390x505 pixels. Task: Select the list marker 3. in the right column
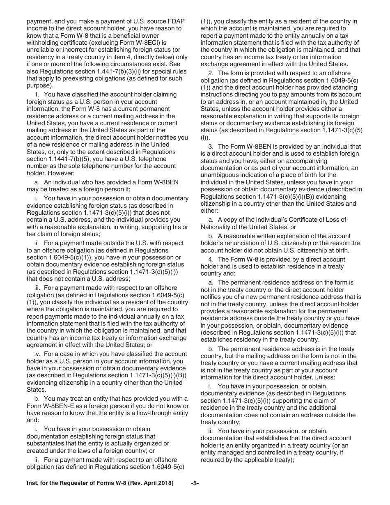pyautogui.click(x=212, y=146)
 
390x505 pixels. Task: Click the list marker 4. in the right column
pyautogui.click(x=212, y=259)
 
